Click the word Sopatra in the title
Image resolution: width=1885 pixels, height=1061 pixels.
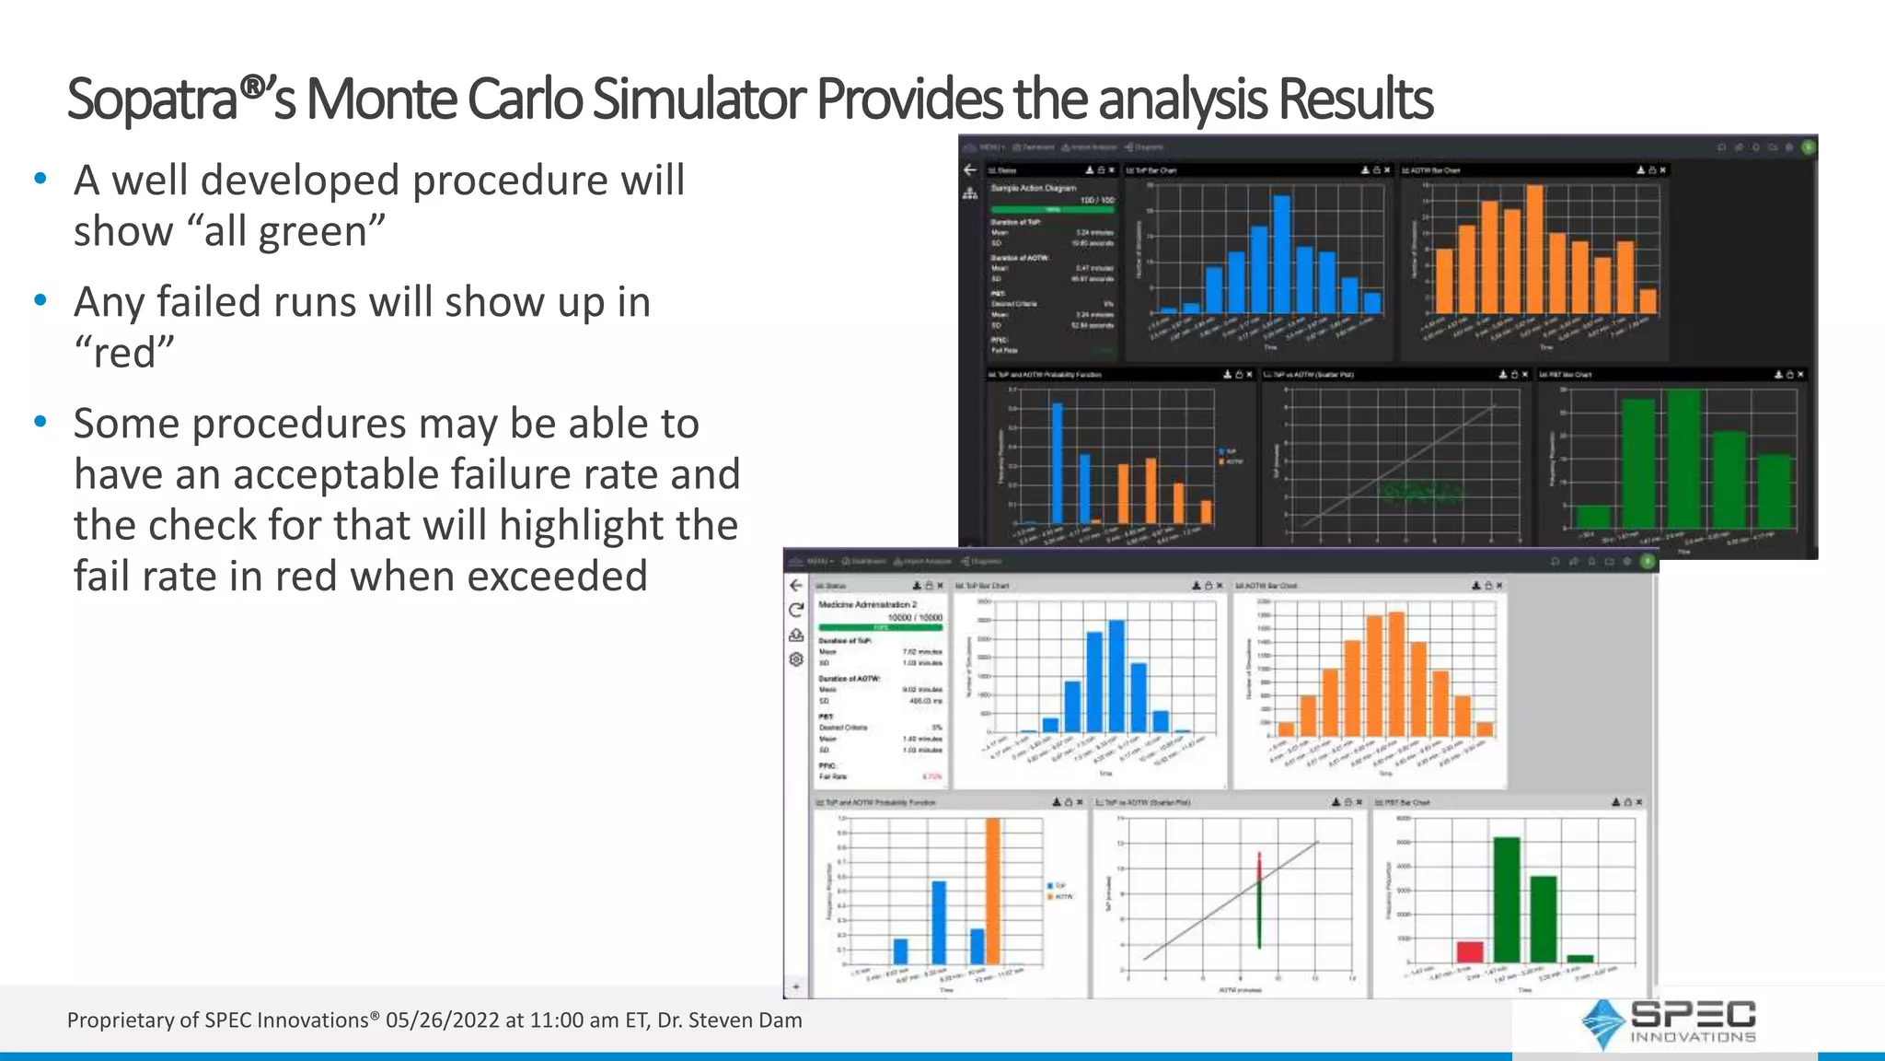pyautogui.click(x=153, y=99)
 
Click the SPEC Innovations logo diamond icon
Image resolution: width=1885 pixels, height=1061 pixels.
pyautogui.click(x=1602, y=1022)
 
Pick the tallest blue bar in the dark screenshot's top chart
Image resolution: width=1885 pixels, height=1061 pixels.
pyautogui.click(x=1281, y=253)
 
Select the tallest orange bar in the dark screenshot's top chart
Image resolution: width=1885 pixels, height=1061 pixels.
pyautogui.click(x=1533, y=249)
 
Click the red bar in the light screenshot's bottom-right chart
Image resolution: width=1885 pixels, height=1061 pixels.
pyautogui.click(x=1470, y=951)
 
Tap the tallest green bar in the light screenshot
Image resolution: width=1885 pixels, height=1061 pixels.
pyautogui.click(x=1507, y=899)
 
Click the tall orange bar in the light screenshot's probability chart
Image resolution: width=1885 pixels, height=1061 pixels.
pyautogui.click(x=992, y=891)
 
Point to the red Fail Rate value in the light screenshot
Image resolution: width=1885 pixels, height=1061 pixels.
pyautogui.click(x=932, y=776)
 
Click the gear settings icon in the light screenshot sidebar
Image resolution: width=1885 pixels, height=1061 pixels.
pyautogui.click(x=796, y=659)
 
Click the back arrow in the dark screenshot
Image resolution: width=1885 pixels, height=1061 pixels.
pyautogui.click(x=969, y=170)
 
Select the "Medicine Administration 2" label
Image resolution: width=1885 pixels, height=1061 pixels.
pyautogui.click(x=867, y=605)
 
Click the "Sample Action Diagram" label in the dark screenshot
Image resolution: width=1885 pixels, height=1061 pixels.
pyautogui.click(x=1033, y=188)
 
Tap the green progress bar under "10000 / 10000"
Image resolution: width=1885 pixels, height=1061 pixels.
pyautogui.click(x=881, y=627)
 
